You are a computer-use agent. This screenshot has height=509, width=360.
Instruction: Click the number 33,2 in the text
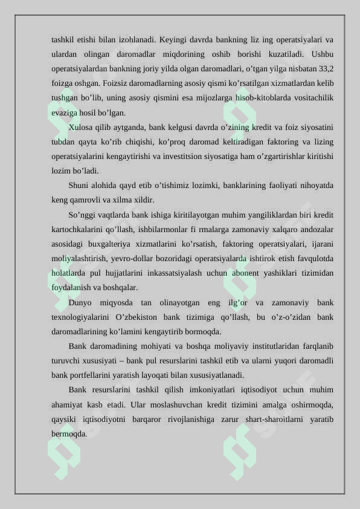pos(326,69)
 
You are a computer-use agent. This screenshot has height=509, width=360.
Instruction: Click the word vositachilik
pos(309,98)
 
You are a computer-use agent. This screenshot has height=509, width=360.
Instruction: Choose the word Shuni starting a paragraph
pos(80,186)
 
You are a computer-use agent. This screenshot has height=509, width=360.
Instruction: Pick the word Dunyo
pos(80,302)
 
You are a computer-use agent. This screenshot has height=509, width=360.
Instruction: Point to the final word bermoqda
pos(69,434)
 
